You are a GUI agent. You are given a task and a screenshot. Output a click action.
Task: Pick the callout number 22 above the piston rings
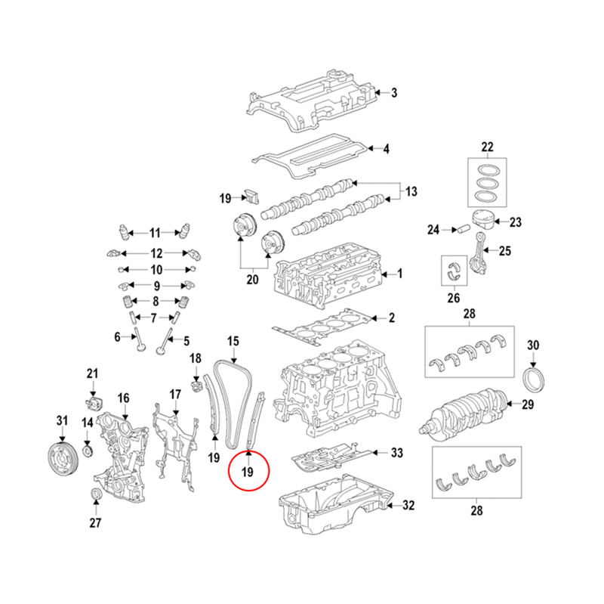coord(487,146)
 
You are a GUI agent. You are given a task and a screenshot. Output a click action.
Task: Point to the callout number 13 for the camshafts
coord(411,191)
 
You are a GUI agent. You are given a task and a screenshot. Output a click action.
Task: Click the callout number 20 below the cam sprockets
coord(252,280)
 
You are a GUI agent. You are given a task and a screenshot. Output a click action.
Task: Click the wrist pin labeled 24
coord(456,229)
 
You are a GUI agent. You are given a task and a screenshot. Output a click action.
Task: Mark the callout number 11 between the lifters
coord(155,232)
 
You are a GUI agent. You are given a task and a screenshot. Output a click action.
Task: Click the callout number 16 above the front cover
coord(123,398)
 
